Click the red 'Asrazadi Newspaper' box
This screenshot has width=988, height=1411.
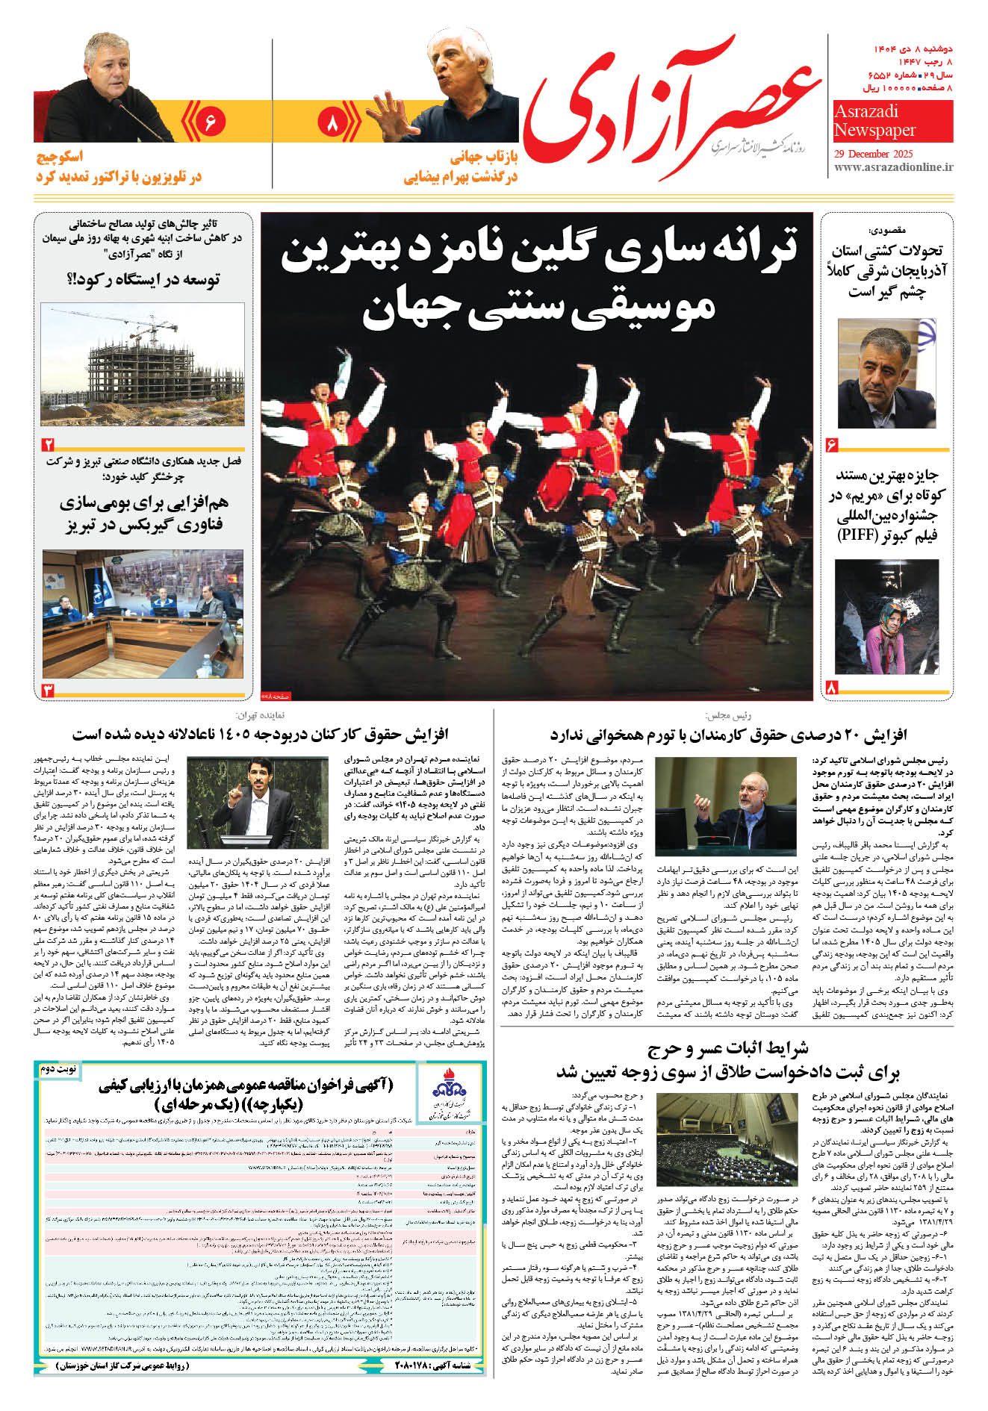tap(892, 121)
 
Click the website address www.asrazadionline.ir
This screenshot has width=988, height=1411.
tap(893, 167)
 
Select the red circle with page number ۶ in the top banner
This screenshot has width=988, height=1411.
tap(208, 121)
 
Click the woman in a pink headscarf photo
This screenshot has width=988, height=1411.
tap(886, 616)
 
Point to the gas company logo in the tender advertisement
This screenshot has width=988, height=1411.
tap(450, 1095)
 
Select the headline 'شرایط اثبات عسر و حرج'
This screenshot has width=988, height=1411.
tap(728, 1048)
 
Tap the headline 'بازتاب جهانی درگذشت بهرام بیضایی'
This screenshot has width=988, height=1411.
tap(461, 167)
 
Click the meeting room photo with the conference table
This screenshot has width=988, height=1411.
tap(142, 614)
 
